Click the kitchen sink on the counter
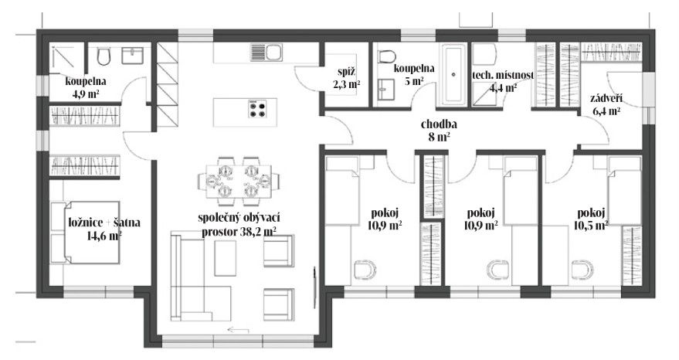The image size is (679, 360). [266, 53]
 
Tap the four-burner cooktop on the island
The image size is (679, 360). [256, 108]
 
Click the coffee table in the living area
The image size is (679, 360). [226, 258]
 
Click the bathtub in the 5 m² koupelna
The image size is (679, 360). [453, 74]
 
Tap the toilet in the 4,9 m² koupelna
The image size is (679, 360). [104, 56]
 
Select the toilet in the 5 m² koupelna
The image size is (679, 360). [387, 56]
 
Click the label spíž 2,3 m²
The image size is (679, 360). [347, 78]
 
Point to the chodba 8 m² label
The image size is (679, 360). [439, 131]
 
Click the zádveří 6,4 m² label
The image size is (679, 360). [606, 105]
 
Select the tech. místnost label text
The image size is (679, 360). [503, 75]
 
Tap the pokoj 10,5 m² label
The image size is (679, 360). [591, 219]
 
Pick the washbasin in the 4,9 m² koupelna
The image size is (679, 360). [133, 56]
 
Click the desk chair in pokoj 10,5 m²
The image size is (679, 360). [582, 270]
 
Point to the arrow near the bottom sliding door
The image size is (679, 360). [238, 330]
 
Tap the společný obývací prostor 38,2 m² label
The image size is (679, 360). [239, 225]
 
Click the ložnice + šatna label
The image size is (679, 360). [104, 222]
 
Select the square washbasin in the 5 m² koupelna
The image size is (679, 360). [385, 90]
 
